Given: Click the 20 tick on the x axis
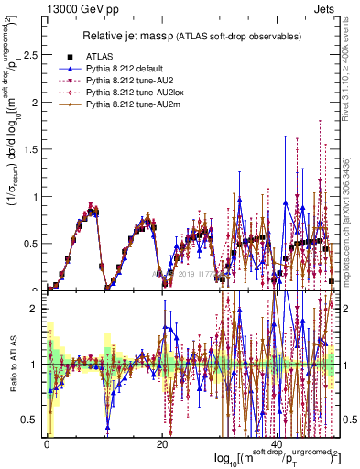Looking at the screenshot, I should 161,443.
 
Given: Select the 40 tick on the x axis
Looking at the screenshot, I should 277,443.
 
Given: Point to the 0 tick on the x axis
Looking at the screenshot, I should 46,443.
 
